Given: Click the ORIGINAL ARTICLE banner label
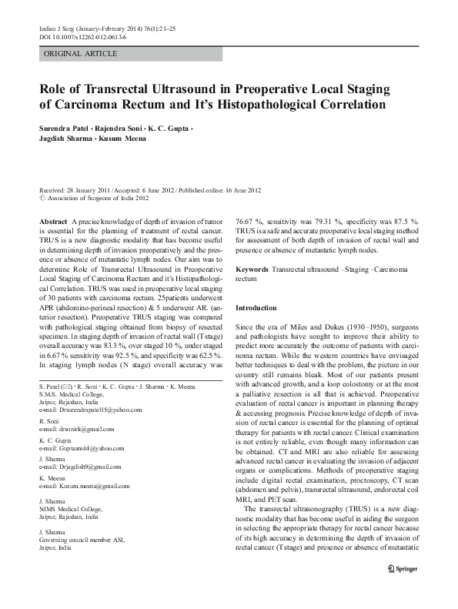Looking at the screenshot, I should click(81, 54).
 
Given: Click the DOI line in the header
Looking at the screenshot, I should click(85, 36).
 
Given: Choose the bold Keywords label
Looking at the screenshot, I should click(252, 270).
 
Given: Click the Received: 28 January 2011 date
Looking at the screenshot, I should click(75, 189).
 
